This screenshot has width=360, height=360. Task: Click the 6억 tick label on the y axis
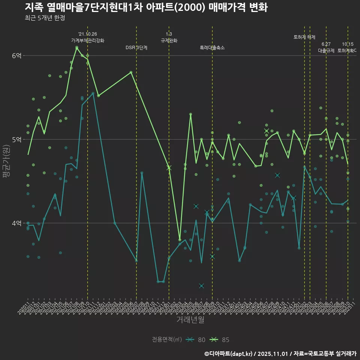coord(16,55)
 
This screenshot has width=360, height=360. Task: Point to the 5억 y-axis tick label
coord(16,139)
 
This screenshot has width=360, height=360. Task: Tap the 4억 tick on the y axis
coord(16,223)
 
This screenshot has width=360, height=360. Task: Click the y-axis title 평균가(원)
coord(6,165)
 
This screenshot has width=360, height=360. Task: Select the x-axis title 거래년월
coord(190,320)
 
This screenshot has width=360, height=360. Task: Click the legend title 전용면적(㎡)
coord(167,340)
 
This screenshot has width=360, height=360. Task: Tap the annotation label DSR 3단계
coord(136,48)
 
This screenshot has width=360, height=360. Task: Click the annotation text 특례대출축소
coord(212,48)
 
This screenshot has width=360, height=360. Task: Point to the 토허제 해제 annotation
coord(304,37)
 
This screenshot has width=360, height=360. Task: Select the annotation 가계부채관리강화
coord(88,40)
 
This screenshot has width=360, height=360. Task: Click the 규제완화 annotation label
coord(169,40)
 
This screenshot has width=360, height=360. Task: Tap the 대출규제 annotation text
coord(326,50)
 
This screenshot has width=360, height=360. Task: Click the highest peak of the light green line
coord(76,48)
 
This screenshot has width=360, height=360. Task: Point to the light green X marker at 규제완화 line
coord(169,168)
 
